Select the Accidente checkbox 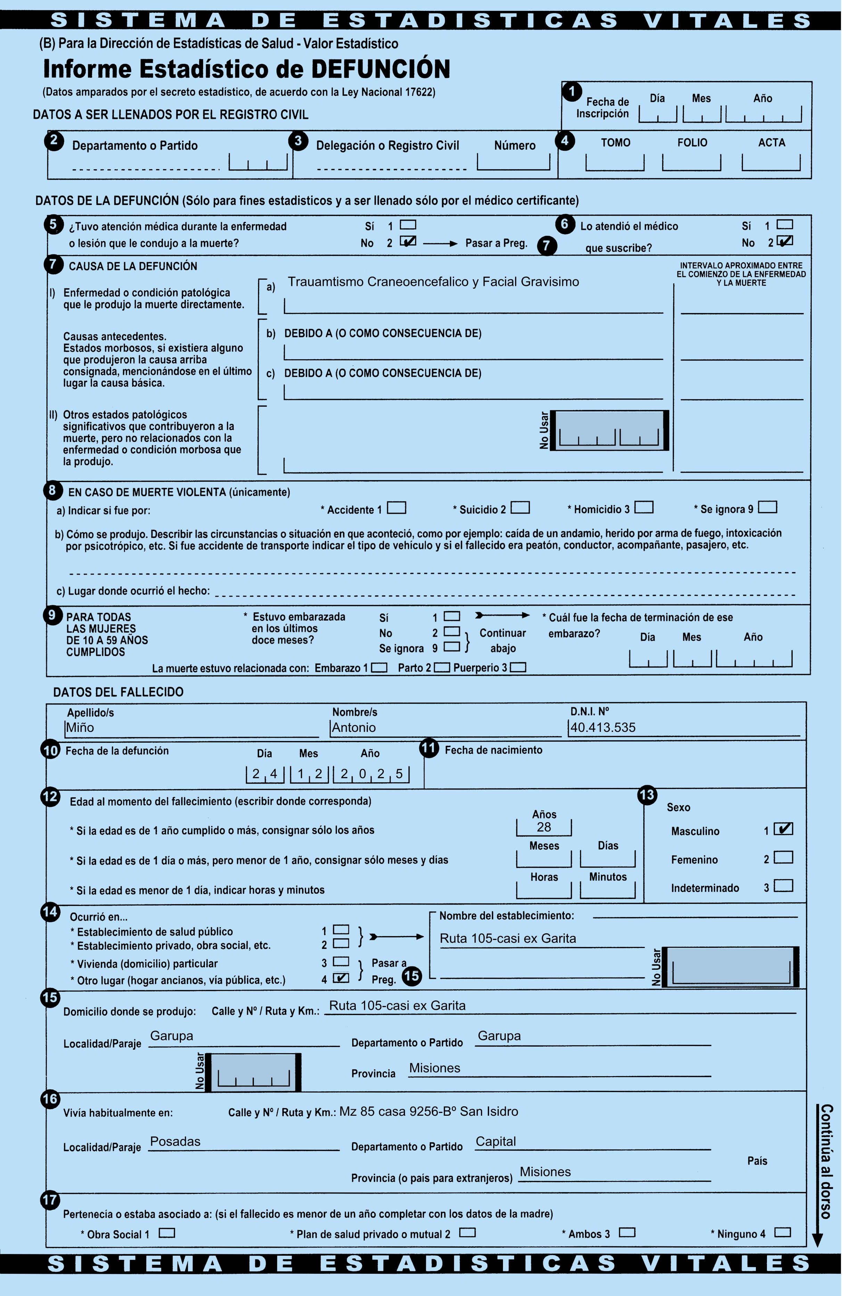pos(396,508)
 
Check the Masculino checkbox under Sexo pos(783,829)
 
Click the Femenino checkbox pos(783,857)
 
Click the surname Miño pos(80,727)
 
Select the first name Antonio pos(354,727)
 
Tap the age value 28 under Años pos(544,827)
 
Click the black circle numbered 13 pos(647,795)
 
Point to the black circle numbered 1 pos(572,91)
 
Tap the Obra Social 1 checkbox pos(167,1232)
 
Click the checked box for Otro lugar pos(341,977)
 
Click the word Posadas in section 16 pos(175,1141)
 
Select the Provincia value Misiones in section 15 pos(435,1068)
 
